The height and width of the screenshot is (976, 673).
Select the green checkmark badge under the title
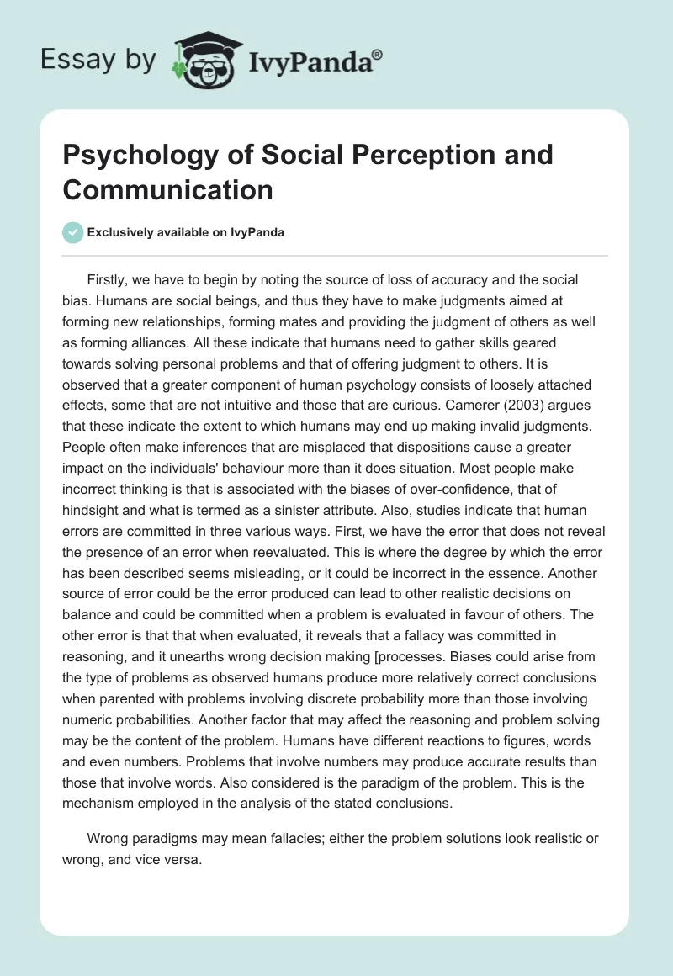(72, 232)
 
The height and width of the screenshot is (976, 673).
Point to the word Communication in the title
(168, 190)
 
